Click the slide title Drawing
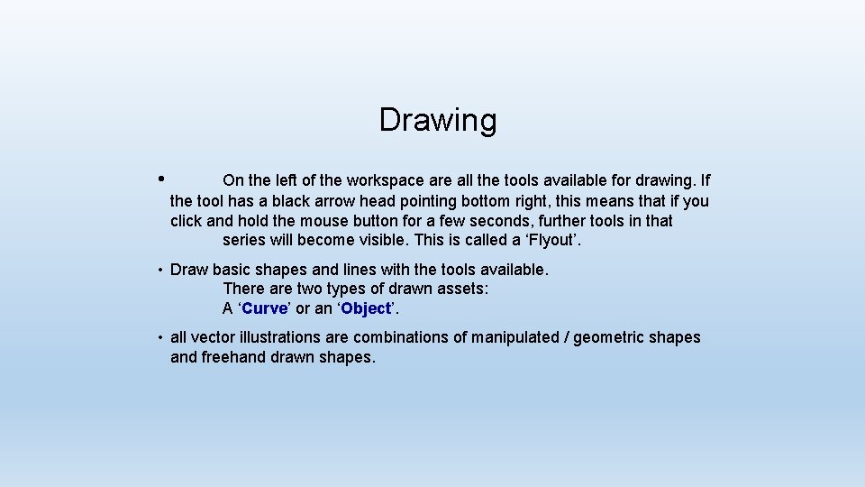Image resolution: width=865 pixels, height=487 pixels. click(437, 120)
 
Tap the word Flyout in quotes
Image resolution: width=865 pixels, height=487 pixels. click(553, 241)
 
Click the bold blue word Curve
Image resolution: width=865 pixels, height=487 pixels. click(265, 308)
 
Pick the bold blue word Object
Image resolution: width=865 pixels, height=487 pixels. click(366, 308)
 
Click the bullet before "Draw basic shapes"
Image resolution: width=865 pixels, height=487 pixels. click(158, 270)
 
